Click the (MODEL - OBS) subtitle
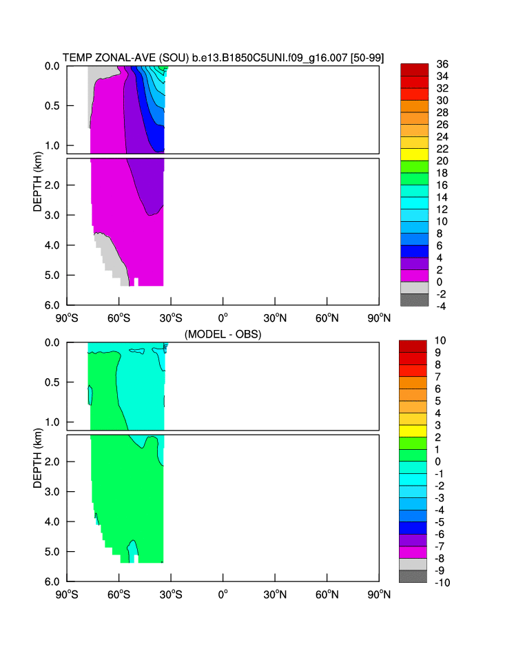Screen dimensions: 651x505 coord(223,334)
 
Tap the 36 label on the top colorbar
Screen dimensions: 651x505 coord(442,64)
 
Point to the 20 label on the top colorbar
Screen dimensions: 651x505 coord(442,161)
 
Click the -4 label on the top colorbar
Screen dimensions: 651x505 coord(442,306)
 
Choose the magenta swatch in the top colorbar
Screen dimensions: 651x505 coord(415,276)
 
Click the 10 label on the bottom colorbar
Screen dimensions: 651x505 coord(442,340)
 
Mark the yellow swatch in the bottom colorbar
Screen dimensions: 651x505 coord(415,431)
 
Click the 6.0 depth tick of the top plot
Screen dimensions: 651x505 coord(52,304)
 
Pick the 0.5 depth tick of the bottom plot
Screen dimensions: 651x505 coord(52,382)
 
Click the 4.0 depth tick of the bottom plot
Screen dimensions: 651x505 coord(52,521)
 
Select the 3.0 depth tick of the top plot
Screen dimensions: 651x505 coord(52,215)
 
